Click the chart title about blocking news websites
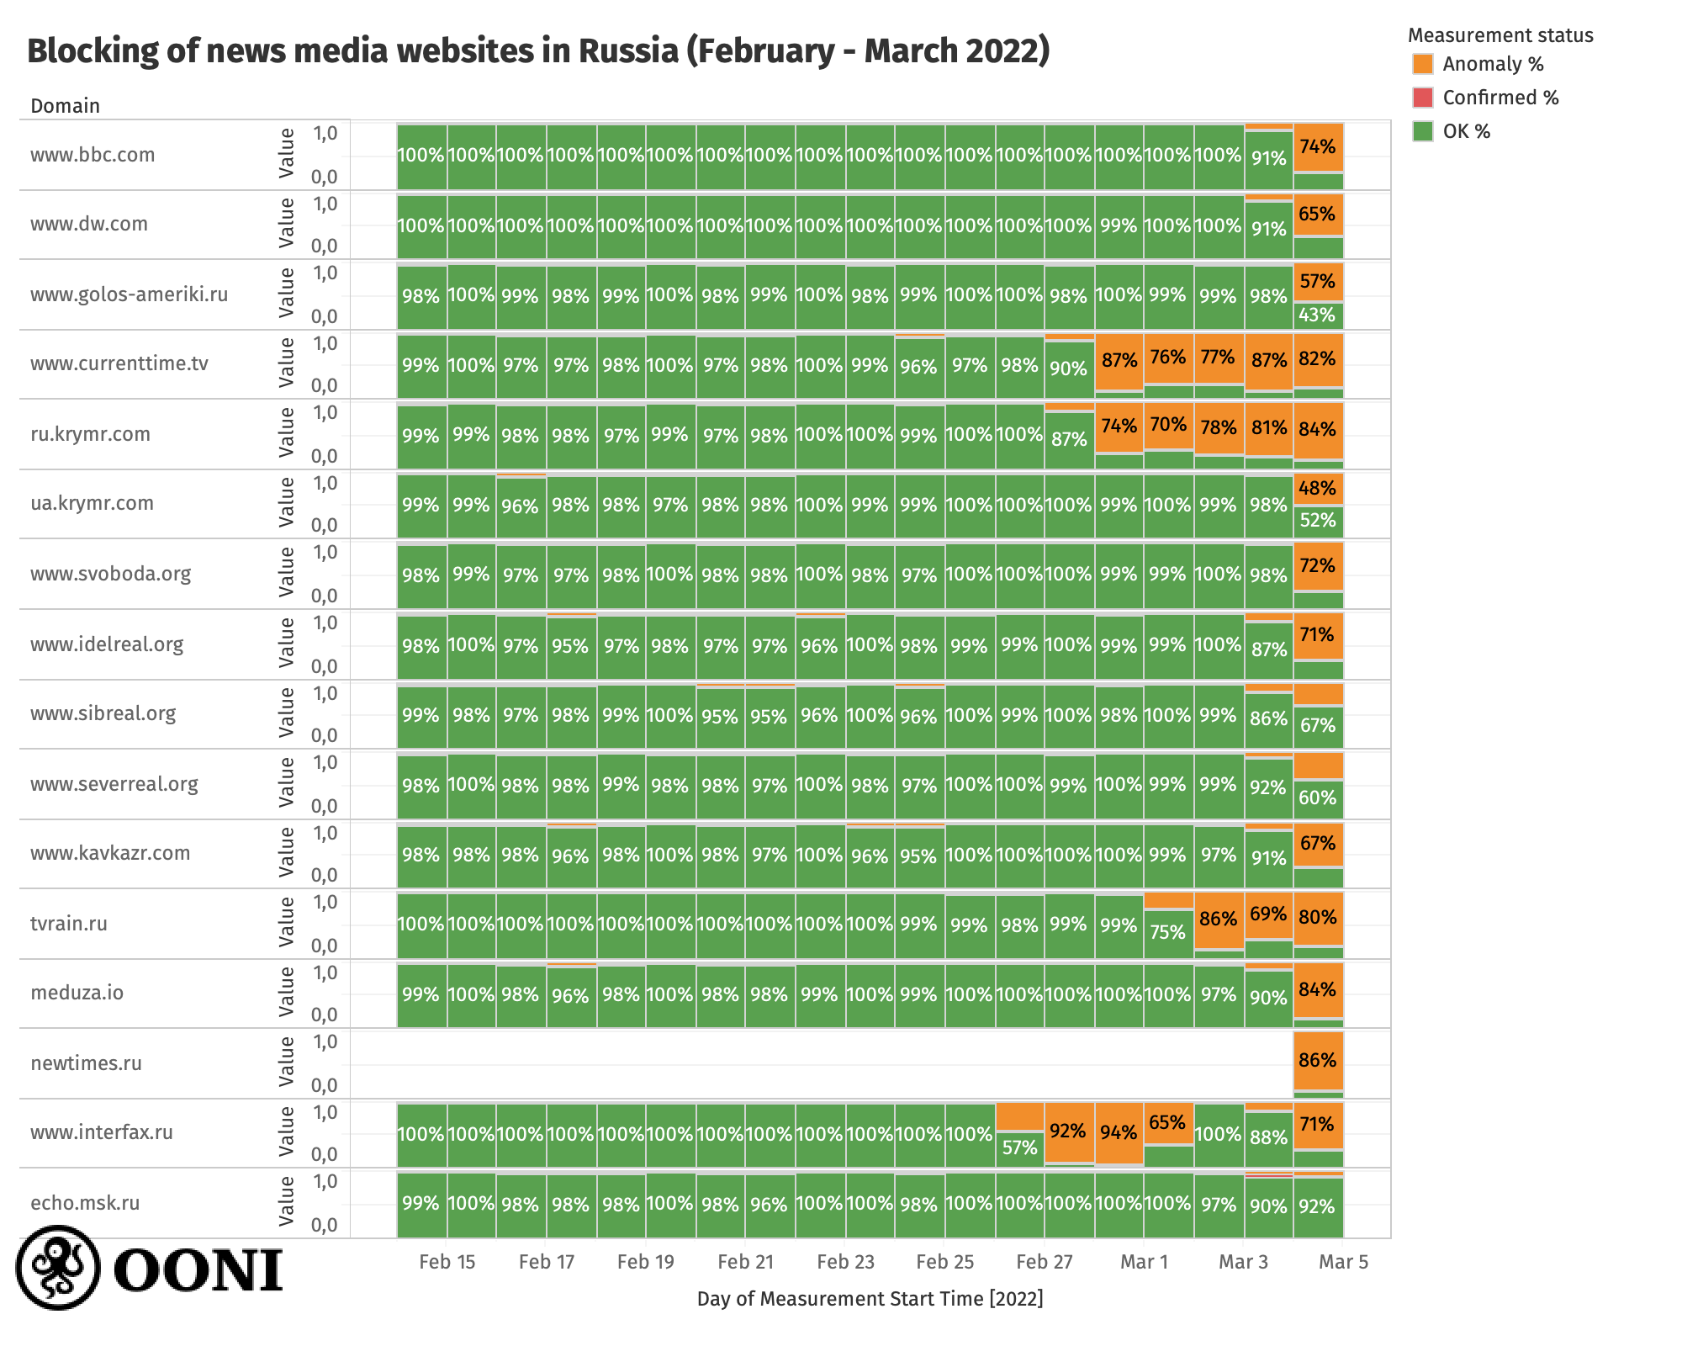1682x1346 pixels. [538, 51]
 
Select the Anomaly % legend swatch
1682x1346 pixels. [1423, 64]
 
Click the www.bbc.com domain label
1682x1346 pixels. [93, 155]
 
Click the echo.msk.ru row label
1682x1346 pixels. [85, 1203]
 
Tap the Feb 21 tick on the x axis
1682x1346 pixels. [745, 1262]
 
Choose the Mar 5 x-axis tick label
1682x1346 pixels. [1343, 1262]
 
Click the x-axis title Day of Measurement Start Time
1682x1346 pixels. [870, 1299]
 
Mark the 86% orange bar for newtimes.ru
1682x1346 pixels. [1318, 1060]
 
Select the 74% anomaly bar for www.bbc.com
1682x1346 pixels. [1318, 147]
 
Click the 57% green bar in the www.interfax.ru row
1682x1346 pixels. [1019, 1148]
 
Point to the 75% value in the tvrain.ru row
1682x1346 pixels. [1168, 932]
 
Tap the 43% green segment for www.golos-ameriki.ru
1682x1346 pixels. [1318, 315]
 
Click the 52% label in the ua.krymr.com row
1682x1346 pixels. [1318, 521]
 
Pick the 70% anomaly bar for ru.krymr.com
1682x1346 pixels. [1168, 425]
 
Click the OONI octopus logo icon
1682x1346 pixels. [58, 1267]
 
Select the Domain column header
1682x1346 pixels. [65, 106]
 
